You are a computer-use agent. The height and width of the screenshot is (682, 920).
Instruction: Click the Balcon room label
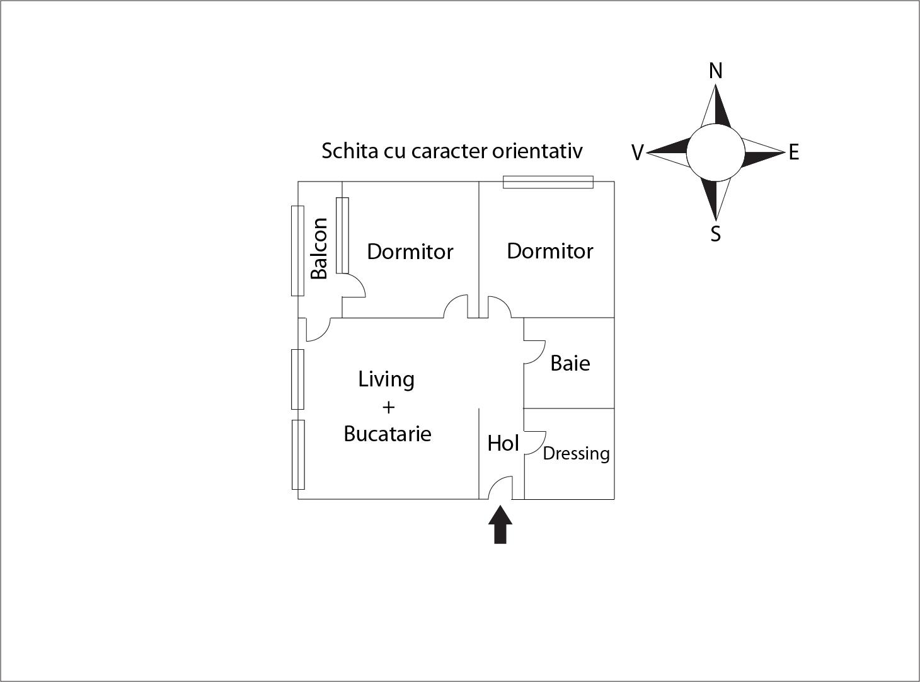[x=319, y=248]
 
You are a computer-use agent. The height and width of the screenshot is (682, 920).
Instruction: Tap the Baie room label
[x=570, y=364]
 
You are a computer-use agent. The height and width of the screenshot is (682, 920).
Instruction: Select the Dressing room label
[x=576, y=454]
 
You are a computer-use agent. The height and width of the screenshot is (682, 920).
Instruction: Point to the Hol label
[x=503, y=444]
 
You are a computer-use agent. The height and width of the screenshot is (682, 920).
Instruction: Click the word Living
[x=386, y=379]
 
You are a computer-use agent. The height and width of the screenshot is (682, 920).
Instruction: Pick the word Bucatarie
[x=388, y=434]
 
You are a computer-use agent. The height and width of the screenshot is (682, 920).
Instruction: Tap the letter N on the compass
[x=715, y=71]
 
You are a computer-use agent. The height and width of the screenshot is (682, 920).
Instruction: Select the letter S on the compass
[x=715, y=234]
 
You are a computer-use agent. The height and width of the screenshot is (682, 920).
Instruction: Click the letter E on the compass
[x=794, y=153]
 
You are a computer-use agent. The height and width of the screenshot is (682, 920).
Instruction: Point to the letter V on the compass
[x=637, y=153]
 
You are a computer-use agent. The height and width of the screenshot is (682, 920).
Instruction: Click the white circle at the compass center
[x=715, y=153]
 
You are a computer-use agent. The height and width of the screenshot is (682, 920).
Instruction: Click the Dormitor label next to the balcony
[x=410, y=252]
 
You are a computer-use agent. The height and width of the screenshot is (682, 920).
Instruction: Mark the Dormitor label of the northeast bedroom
[x=550, y=251]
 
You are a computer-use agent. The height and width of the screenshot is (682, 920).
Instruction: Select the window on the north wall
[x=548, y=182]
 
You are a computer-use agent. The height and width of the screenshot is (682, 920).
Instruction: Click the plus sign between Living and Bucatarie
[x=388, y=407]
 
